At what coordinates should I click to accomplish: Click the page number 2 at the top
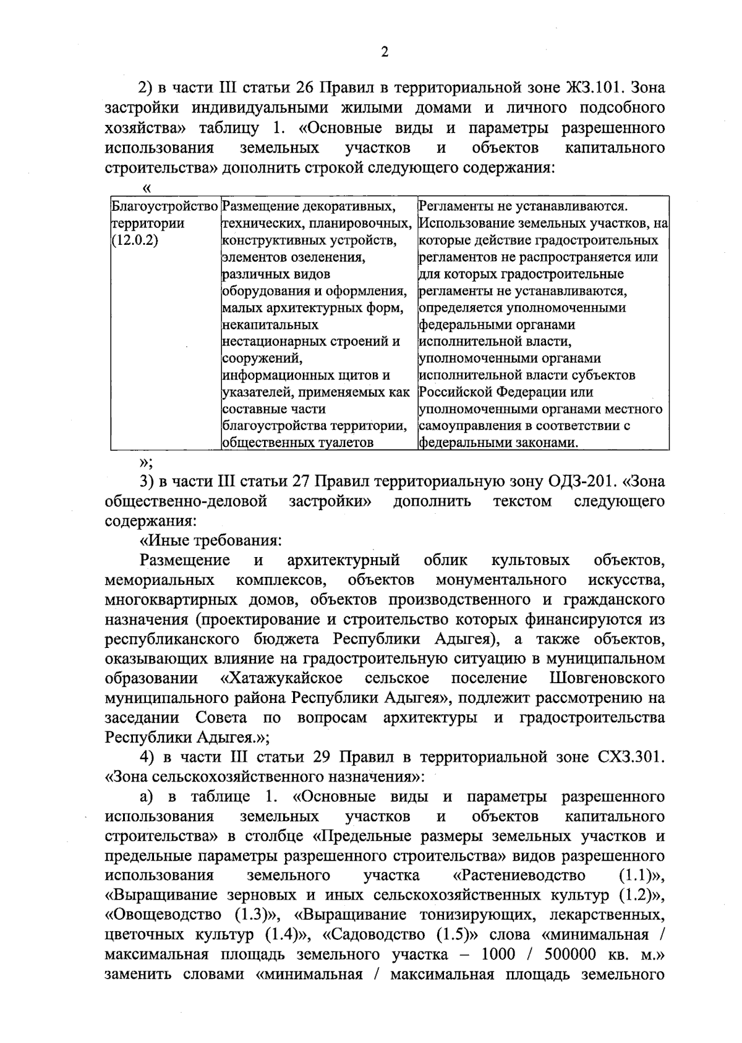[x=384, y=52]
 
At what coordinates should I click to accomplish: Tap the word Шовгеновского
[x=607, y=678]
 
